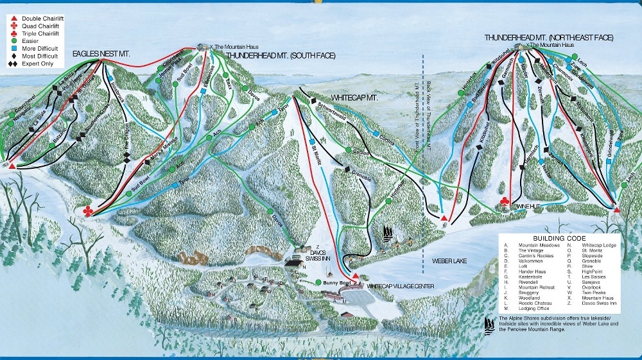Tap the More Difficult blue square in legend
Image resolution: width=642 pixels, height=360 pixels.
(13, 47)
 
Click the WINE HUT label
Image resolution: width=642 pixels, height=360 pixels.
(526, 207)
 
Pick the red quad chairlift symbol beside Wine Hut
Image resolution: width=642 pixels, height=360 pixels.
(505, 203)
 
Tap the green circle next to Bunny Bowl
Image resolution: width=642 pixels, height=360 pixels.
(319, 282)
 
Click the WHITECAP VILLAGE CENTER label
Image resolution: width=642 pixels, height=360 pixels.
(401, 286)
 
